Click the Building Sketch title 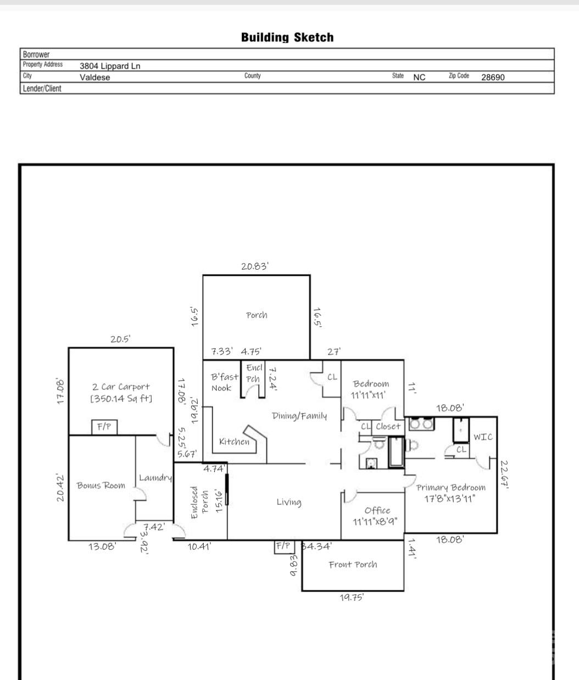click(287, 37)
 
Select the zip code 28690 click(493, 77)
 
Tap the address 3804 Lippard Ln click(110, 66)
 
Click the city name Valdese click(94, 77)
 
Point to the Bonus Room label click(101, 486)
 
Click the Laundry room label click(155, 478)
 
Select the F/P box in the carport click(104, 427)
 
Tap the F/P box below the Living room click(284, 547)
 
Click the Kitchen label click(234, 442)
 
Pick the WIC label click(483, 437)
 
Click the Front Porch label click(353, 565)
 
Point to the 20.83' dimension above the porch click(255, 266)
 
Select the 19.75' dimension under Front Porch click(352, 597)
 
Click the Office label click(377, 511)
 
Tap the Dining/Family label click(299, 416)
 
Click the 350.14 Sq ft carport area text click(121, 399)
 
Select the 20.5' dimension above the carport click(120, 339)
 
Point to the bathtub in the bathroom click(397, 452)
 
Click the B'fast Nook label click(224, 382)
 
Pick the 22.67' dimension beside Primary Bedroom click(504, 475)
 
